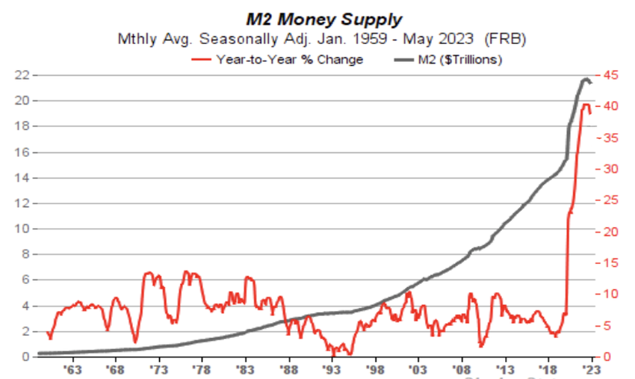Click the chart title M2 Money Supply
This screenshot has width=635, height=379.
[317, 19]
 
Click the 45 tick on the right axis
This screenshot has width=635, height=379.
[610, 75]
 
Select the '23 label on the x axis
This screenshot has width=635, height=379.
[592, 369]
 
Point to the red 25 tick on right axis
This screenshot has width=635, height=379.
[610, 200]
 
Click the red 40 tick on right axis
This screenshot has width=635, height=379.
[610, 106]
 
